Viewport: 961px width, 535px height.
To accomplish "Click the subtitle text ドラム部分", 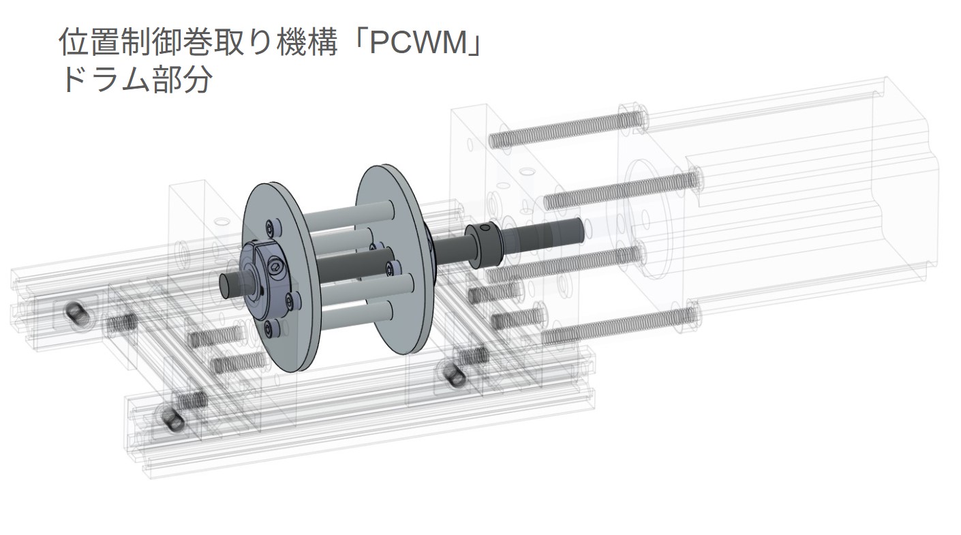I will pyautogui.click(x=136, y=80).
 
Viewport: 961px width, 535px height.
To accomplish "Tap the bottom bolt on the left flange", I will pyautogui.click(x=272, y=329).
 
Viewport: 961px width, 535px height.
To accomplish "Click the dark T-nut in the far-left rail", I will pyautogui.click(x=75, y=314).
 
